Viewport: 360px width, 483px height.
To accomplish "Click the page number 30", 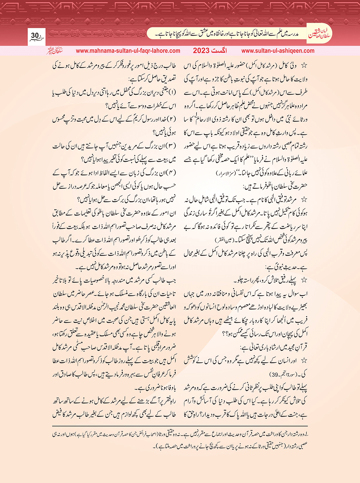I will pos(35,35).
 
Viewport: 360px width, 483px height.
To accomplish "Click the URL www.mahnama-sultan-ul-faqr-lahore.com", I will pos(128,51).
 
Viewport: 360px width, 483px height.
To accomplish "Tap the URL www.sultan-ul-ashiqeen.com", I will pos(278,51).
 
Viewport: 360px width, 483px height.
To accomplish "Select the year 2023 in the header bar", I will pos(201,51).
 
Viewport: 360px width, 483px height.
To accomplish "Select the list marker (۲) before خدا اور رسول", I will pos(172,119).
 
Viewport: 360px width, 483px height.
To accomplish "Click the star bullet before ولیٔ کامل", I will pos(305,66).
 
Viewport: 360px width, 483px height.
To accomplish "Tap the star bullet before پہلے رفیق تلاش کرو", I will pos(305,280).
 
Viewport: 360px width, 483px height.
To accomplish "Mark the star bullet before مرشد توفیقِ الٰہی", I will pos(305,200).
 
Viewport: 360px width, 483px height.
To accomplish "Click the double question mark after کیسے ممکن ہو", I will pos(226,333).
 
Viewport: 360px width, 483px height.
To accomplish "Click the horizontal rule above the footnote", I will pos(180,426).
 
